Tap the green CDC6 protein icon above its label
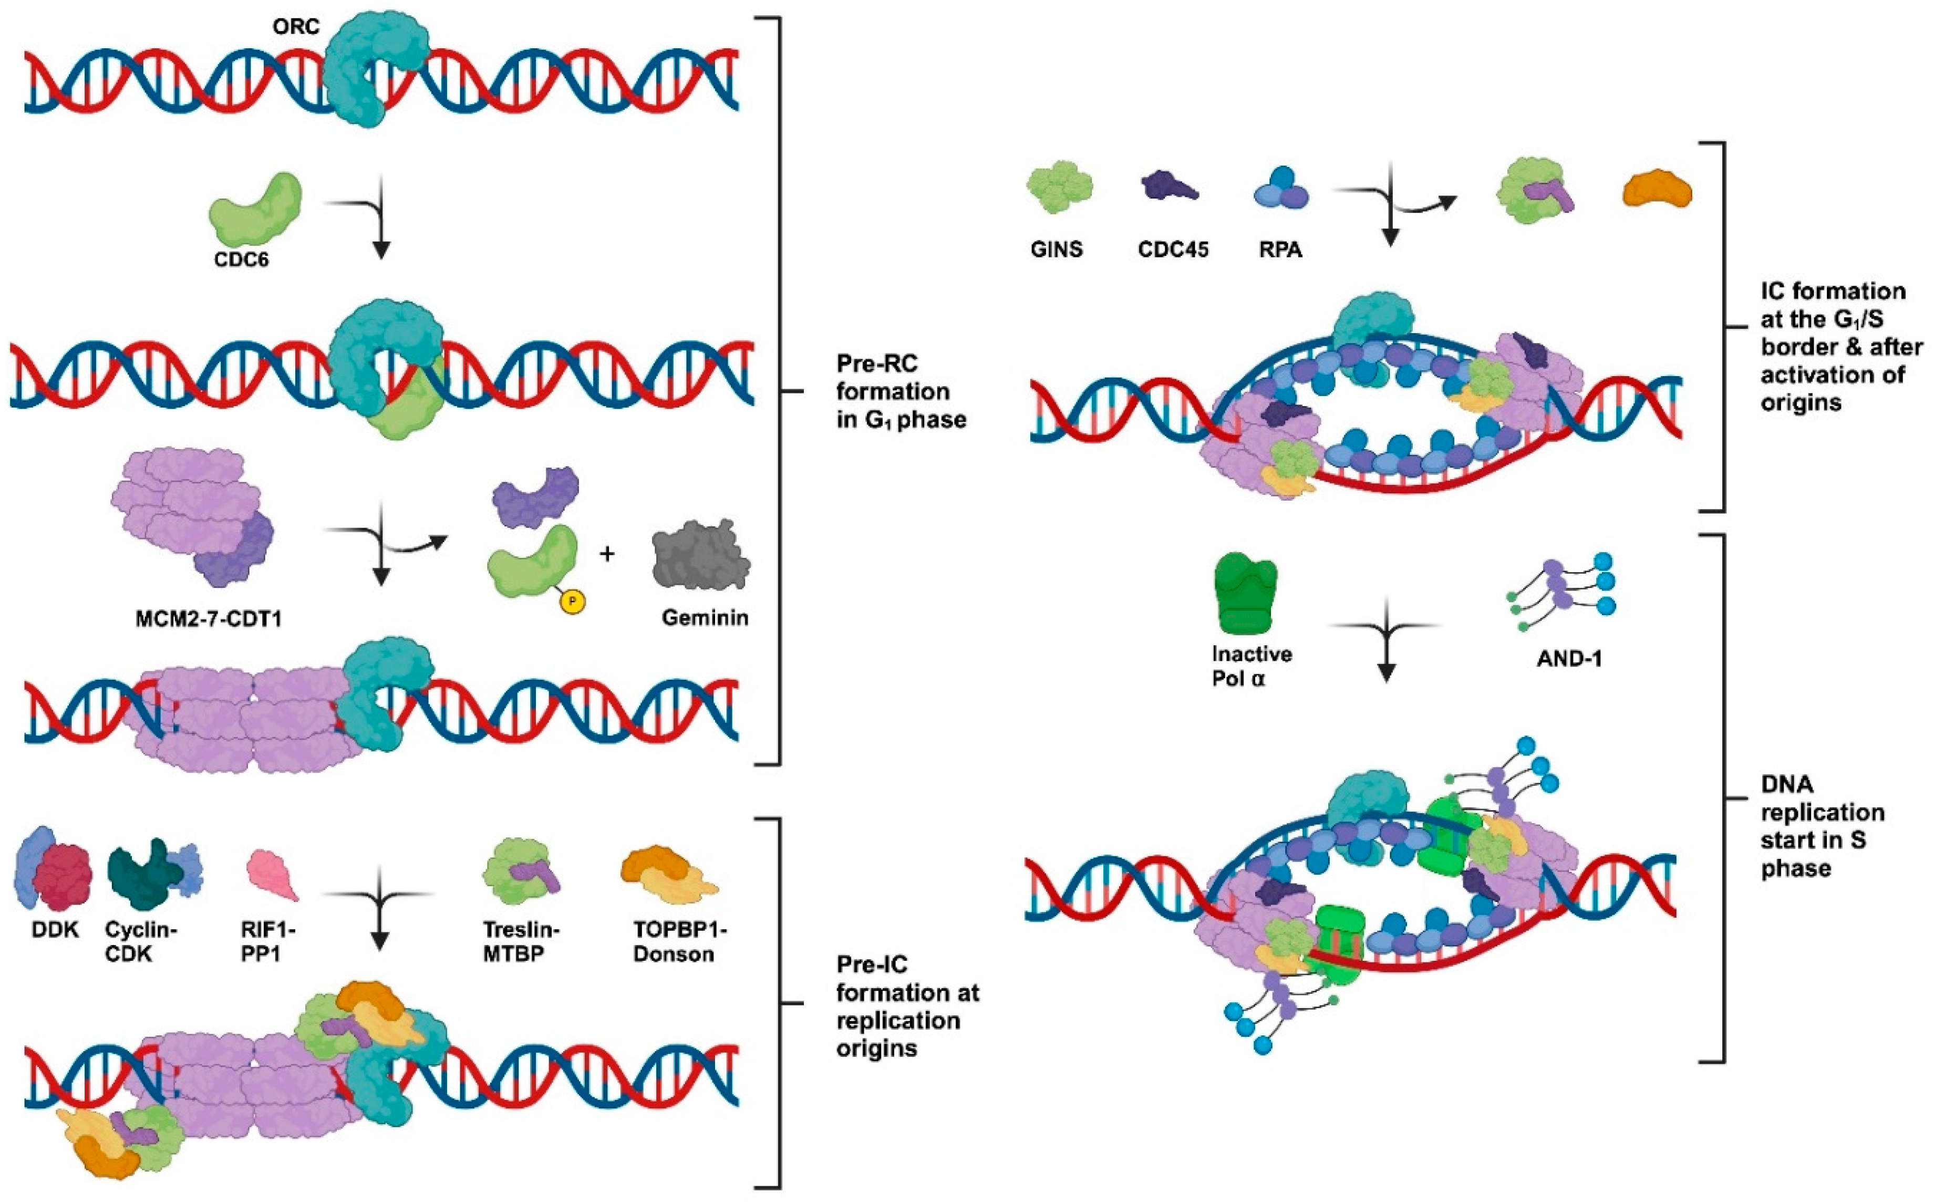point(255,211)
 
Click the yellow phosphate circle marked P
point(572,601)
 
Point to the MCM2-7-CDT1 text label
point(209,618)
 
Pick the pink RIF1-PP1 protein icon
point(272,875)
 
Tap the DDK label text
point(55,929)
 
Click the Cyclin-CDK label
point(141,941)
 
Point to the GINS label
point(1057,249)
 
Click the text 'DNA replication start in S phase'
point(1821,826)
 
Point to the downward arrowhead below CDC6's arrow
point(381,249)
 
